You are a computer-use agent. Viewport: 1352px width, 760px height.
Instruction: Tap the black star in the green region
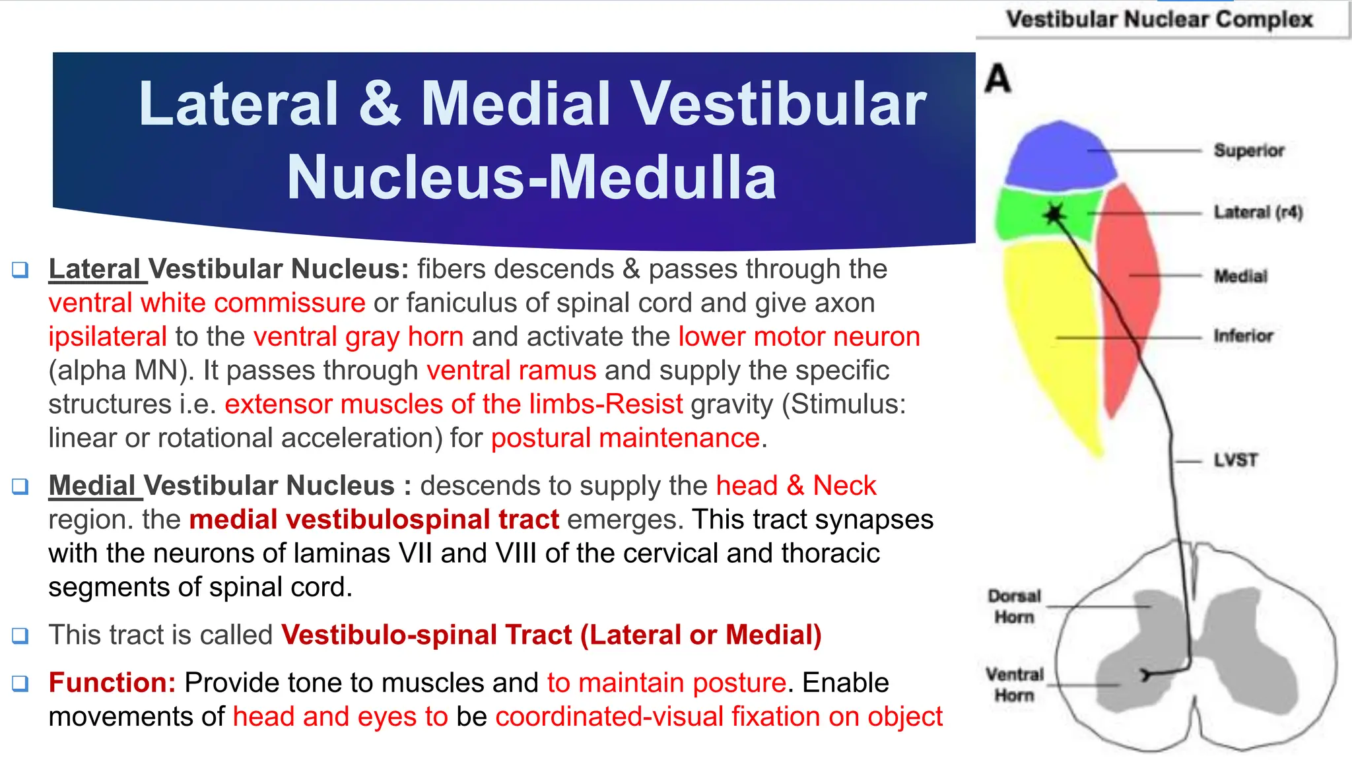coord(1054,213)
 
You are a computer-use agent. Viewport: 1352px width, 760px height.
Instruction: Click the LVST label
coord(1235,460)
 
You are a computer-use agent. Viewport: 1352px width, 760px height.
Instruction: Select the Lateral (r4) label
coord(1258,212)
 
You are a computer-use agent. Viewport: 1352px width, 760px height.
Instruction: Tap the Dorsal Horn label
coord(1014,606)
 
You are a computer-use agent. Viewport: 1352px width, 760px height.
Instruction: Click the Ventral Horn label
coord(1014,684)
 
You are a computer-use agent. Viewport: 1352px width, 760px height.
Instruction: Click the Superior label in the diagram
coord(1248,150)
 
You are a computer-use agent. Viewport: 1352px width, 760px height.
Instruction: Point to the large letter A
coord(997,79)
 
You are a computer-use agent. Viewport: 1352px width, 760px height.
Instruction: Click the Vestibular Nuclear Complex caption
coord(1159,19)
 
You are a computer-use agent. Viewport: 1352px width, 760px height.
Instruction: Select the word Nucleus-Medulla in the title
coord(531,177)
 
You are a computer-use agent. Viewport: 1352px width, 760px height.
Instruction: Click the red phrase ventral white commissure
coord(207,303)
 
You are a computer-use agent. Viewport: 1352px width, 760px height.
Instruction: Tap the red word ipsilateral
coord(108,336)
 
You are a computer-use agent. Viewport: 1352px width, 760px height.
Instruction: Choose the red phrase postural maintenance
coord(625,438)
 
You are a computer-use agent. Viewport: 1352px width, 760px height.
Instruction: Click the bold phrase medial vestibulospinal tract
coord(374,519)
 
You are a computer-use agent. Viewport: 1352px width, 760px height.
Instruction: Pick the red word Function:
coord(112,682)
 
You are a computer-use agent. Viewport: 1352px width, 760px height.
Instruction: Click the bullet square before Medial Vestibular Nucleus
coord(20,486)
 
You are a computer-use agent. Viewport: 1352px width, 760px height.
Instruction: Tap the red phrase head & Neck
coord(795,486)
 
